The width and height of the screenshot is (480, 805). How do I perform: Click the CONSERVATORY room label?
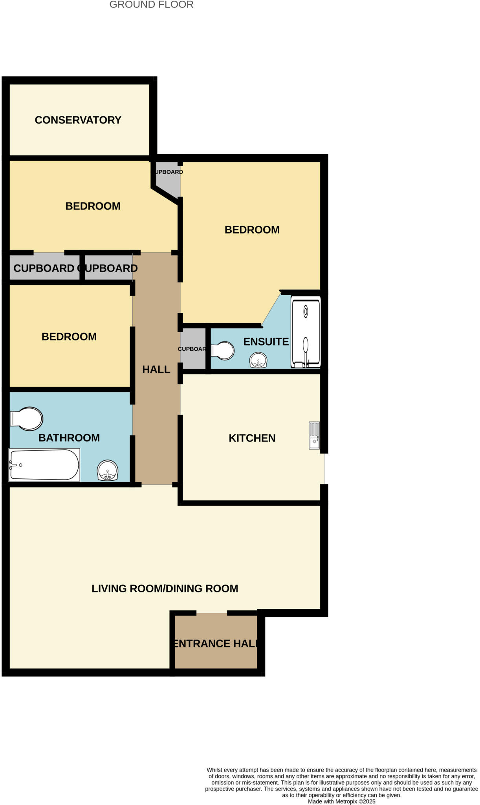tap(78, 120)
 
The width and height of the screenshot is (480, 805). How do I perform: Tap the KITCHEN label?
tap(252, 438)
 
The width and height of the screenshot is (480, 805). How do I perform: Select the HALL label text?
tap(156, 369)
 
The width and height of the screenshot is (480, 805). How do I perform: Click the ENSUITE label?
tap(266, 342)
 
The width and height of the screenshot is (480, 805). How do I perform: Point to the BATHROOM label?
tap(69, 437)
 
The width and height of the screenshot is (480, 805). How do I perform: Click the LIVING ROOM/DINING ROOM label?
tap(165, 588)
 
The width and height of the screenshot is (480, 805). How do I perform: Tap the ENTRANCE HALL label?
tap(216, 643)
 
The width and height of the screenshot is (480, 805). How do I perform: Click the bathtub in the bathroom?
tap(44, 465)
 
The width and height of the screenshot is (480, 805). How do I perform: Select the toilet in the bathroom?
tap(27, 419)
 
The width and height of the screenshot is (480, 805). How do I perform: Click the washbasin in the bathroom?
tap(108, 471)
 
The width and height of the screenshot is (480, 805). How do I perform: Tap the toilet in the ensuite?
tap(223, 351)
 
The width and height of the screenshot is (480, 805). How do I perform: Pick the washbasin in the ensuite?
tap(258, 360)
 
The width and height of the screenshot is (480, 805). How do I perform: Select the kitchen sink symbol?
tap(314, 435)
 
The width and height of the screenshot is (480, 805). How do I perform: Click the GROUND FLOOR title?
tap(151, 5)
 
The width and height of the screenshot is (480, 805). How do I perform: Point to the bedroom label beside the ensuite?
tap(252, 230)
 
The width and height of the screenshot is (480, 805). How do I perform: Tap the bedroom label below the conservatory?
tap(93, 206)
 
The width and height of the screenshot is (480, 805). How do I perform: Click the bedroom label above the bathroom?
tap(69, 336)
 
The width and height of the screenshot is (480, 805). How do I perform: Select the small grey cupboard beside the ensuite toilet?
tap(193, 349)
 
